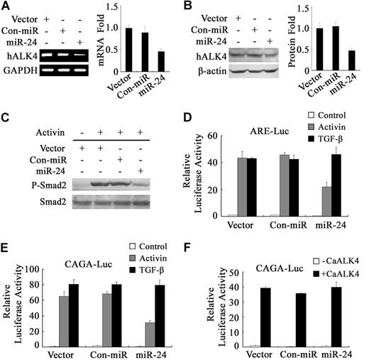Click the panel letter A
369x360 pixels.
(x=6, y=6)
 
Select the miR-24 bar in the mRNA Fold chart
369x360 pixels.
(x=161, y=63)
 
